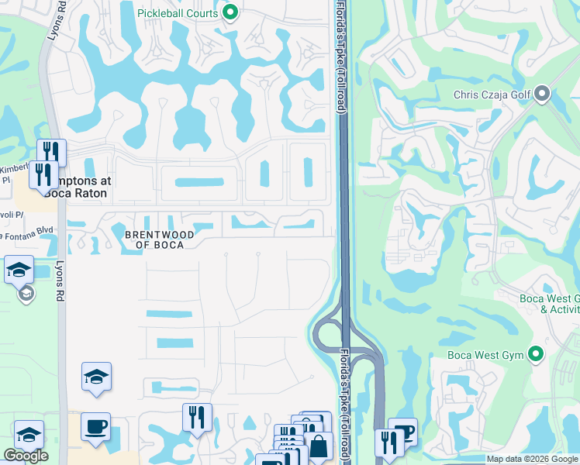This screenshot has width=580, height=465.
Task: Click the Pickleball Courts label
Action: click(178, 12)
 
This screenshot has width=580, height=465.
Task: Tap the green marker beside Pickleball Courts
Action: click(230, 12)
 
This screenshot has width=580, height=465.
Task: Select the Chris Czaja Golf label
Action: click(492, 95)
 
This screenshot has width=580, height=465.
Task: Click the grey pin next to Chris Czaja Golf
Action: click(542, 95)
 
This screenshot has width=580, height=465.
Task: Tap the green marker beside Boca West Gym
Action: click(535, 355)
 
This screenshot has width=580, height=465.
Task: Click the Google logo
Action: click(26, 455)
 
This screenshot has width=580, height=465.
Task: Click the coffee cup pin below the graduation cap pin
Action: click(95, 427)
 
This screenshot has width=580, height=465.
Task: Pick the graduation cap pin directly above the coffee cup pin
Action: click(96, 377)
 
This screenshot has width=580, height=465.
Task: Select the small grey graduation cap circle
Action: click(26, 294)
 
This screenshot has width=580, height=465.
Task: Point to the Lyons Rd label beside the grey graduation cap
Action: click(60, 280)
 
